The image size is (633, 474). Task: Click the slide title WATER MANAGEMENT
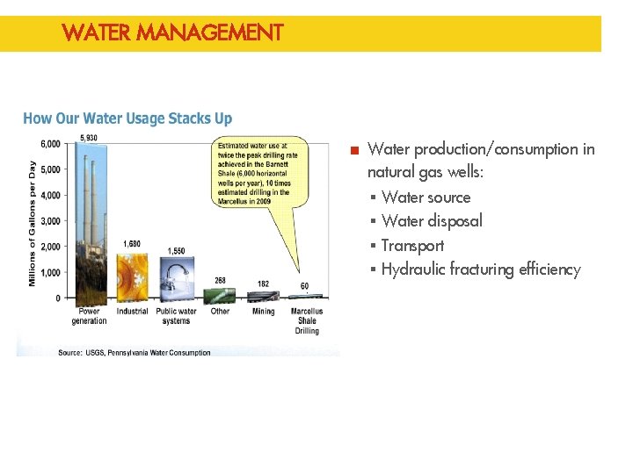(172, 33)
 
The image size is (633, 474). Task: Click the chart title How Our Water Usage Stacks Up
(127, 118)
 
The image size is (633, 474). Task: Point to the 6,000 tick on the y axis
(50, 144)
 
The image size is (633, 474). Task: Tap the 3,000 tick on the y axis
(50, 221)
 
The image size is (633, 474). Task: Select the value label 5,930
(89, 138)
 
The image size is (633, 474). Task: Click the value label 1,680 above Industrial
(132, 243)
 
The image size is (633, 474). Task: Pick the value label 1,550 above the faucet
(176, 250)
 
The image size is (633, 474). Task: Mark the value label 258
(220, 281)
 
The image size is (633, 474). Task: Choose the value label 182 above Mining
(263, 284)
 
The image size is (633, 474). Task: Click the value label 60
(304, 286)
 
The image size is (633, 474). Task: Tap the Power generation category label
(89, 316)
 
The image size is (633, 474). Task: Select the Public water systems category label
(176, 316)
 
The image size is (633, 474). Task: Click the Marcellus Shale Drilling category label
(307, 320)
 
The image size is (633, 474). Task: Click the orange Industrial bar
(132, 275)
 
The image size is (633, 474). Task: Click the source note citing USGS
(135, 353)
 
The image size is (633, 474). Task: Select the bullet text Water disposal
(432, 221)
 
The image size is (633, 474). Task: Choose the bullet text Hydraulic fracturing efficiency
(480, 269)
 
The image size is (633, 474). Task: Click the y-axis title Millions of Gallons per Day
(33, 223)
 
